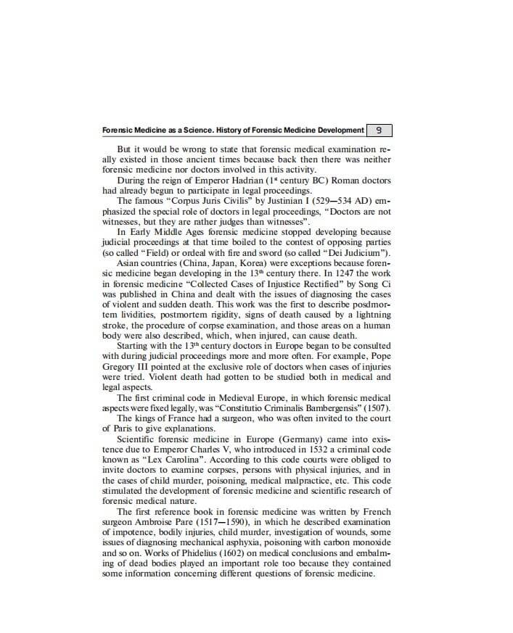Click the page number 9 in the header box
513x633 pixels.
point(379,131)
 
